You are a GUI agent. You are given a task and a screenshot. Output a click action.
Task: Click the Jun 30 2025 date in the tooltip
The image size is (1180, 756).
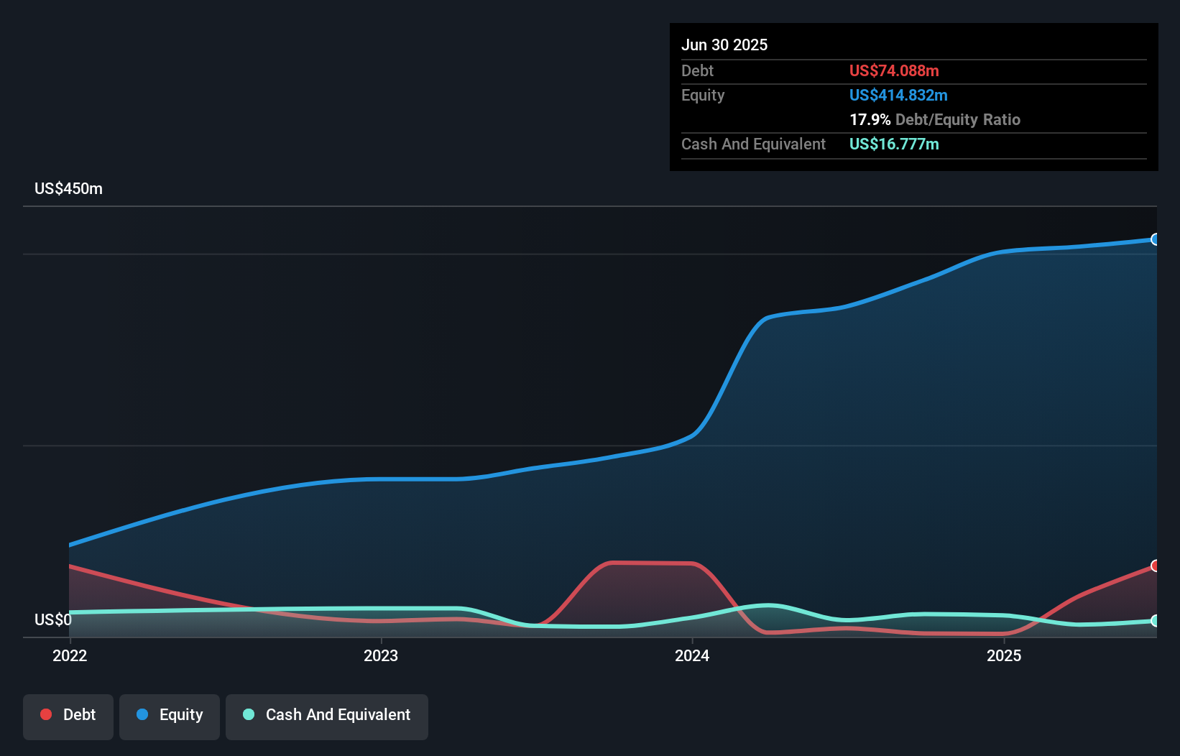tap(724, 45)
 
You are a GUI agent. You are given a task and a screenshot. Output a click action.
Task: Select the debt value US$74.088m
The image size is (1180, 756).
tap(893, 70)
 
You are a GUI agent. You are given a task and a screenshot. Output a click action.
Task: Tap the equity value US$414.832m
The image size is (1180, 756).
tap(898, 95)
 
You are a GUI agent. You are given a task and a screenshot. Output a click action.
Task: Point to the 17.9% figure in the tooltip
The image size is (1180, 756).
tap(870, 119)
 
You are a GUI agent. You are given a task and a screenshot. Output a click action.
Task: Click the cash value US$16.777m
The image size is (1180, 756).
tap(893, 144)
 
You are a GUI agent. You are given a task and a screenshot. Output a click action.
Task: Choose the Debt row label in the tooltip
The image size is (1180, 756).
tap(697, 70)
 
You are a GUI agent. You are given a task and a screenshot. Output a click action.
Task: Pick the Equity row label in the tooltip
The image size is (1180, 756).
tap(702, 95)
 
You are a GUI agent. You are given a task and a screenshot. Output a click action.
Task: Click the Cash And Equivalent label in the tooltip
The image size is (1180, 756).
tap(753, 144)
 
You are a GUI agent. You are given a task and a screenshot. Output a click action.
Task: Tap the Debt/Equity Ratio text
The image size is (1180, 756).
tap(957, 119)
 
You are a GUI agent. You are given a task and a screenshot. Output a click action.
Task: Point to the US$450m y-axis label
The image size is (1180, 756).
tap(68, 188)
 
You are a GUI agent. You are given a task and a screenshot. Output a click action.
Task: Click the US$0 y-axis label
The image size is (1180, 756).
tap(52, 619)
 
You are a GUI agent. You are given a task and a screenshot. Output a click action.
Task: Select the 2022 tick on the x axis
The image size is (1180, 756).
tap(70, 655)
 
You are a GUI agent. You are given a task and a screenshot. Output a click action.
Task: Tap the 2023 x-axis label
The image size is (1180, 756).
tap(381, 655)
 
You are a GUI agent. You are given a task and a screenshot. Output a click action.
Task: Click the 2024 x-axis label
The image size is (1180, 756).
tap(692, 655)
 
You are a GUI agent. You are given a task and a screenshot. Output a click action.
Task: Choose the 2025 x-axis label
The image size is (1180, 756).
tap(1004, 655)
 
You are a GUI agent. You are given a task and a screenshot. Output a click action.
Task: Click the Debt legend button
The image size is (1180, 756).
tap(68, 715)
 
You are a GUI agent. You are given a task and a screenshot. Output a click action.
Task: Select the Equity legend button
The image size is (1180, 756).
tap(170, 715)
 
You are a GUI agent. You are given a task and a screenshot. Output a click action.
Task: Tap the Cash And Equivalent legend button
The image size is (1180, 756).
tap(327, 715)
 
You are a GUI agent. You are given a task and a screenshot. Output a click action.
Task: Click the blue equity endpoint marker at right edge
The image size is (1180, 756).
tap(1155, 239)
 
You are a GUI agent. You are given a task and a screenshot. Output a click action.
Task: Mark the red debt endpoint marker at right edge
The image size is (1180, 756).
tap(1155, 566)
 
